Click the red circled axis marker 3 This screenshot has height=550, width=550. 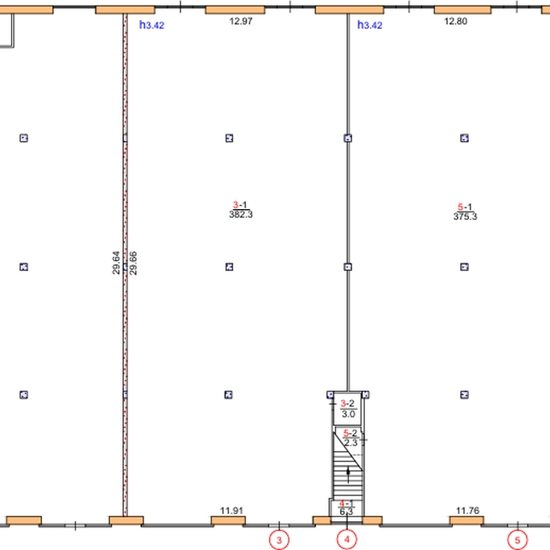[279, 540]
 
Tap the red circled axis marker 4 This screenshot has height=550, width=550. [347, 540]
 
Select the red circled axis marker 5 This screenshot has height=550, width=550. [518, 540]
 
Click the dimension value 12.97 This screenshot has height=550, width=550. [241, 21]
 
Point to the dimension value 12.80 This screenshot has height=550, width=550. [456, 21]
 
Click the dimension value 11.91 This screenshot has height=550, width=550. [232, 510]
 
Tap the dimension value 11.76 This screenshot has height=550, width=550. [467, 510]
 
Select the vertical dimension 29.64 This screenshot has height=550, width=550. [116, 263]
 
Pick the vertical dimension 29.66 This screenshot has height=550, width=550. [133, 263]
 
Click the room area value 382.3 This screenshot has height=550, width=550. [241, 215]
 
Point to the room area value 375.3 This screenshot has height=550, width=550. [465, 216]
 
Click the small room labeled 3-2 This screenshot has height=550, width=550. [348, 409]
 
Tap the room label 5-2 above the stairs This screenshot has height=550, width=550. [350, 433]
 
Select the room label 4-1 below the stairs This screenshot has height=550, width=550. [346, 504]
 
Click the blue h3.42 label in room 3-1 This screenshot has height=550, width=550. [152, 25]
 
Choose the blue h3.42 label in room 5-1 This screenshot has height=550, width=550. [370, 25]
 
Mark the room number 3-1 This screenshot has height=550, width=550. [240, 204]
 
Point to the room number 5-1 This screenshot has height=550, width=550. [465, 207]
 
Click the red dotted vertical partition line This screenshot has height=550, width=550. [126, 264]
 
